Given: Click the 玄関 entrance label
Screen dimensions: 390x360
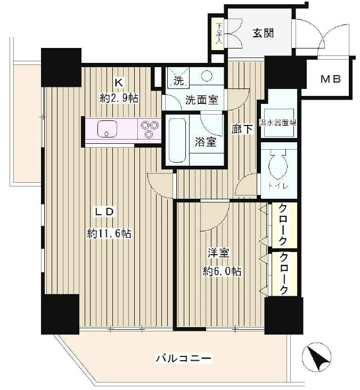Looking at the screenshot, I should pyautogui.click(x=263, y=33).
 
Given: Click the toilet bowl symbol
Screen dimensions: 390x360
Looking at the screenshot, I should pyautogui.click(x=279, y=166).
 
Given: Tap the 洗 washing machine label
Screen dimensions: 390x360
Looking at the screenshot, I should pyautogui.click(x=177, y=82).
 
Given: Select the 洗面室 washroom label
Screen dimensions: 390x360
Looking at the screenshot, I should pyautogui.click(x=201, y=99).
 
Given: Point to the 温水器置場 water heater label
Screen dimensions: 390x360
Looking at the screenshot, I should pyautogui.click(x=279, y=121).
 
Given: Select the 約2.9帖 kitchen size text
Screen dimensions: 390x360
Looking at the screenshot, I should pyautogui.click(x=119, y=97).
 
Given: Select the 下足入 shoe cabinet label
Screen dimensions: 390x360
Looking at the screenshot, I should pyautogui.click(x=218, y=34).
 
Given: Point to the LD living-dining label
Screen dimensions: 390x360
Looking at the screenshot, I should pyautogui.click(x=105, y=212).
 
